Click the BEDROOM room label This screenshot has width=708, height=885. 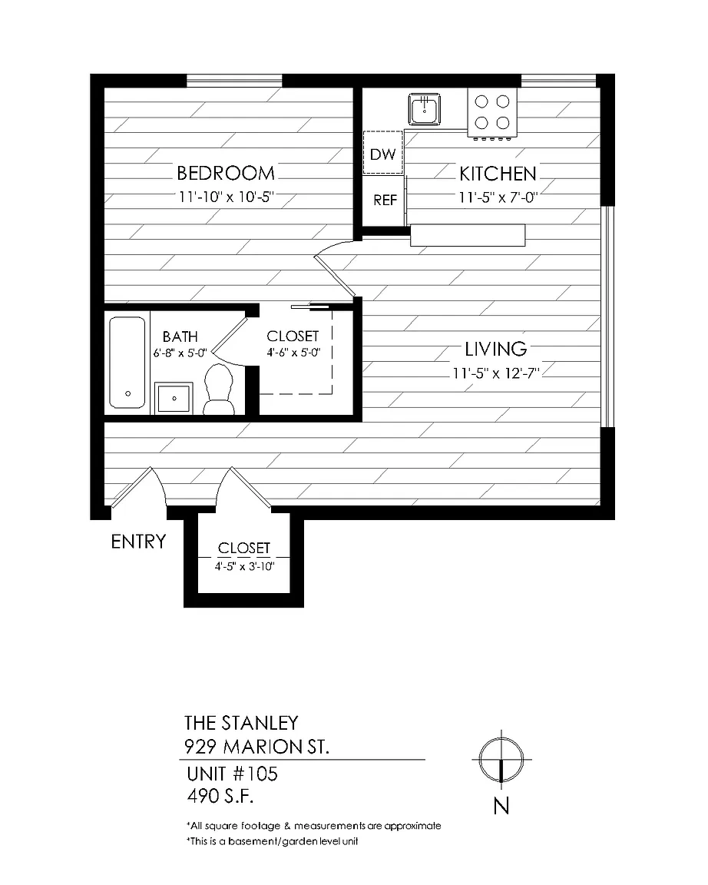(x=226, y=173)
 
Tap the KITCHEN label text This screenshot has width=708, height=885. (x=498, y=174)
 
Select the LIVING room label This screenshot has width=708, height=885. (x=496, y=350)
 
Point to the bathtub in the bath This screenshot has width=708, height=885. (x=127, y=363)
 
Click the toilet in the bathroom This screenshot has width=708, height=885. (x=218, y=389)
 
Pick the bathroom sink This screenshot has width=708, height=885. (x=174, y=398)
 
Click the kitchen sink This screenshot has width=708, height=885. (x=425, y=109)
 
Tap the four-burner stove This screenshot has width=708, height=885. (x=492, y=113)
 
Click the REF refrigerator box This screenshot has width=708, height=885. (x=384, y=201)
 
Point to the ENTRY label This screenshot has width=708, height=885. (x=138, y=542)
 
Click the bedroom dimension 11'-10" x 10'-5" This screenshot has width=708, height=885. (x=227, y=197)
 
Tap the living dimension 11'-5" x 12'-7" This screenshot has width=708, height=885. (x=496, y=373)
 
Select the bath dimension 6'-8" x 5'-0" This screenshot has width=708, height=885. (x=180, y=353)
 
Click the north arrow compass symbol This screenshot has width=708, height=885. (x=501, y=759)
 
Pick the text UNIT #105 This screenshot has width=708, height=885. (x=233, y=774)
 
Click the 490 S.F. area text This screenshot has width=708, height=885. (x=220, y=796)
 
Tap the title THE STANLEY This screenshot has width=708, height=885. (x=241, y=723)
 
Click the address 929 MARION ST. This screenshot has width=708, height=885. (x=256, y=747)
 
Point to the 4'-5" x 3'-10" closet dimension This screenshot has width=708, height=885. (x=244, y=566)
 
